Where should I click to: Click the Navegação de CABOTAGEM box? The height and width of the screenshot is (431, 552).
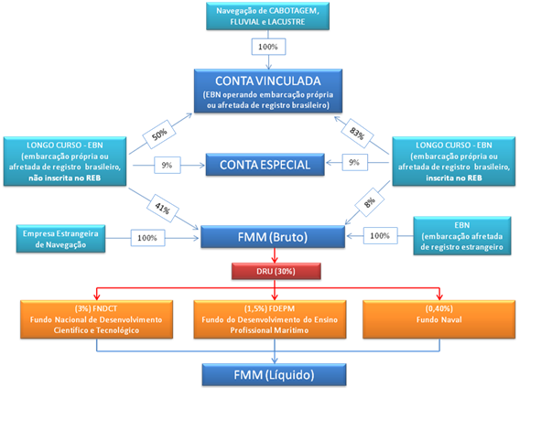(268, 16)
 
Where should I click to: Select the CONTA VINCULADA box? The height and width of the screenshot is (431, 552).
(268, 91)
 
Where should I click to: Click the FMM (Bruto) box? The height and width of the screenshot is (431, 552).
(273, 237)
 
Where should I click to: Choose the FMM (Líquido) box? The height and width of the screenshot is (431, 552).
(272, 374)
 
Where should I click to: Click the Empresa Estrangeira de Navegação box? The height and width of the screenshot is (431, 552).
(60, 238)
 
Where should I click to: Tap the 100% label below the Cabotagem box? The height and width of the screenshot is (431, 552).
(268, 46)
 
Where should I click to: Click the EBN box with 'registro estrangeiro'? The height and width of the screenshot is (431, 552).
(461, 235)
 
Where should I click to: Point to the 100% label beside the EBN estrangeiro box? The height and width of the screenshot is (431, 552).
(379, 235)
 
